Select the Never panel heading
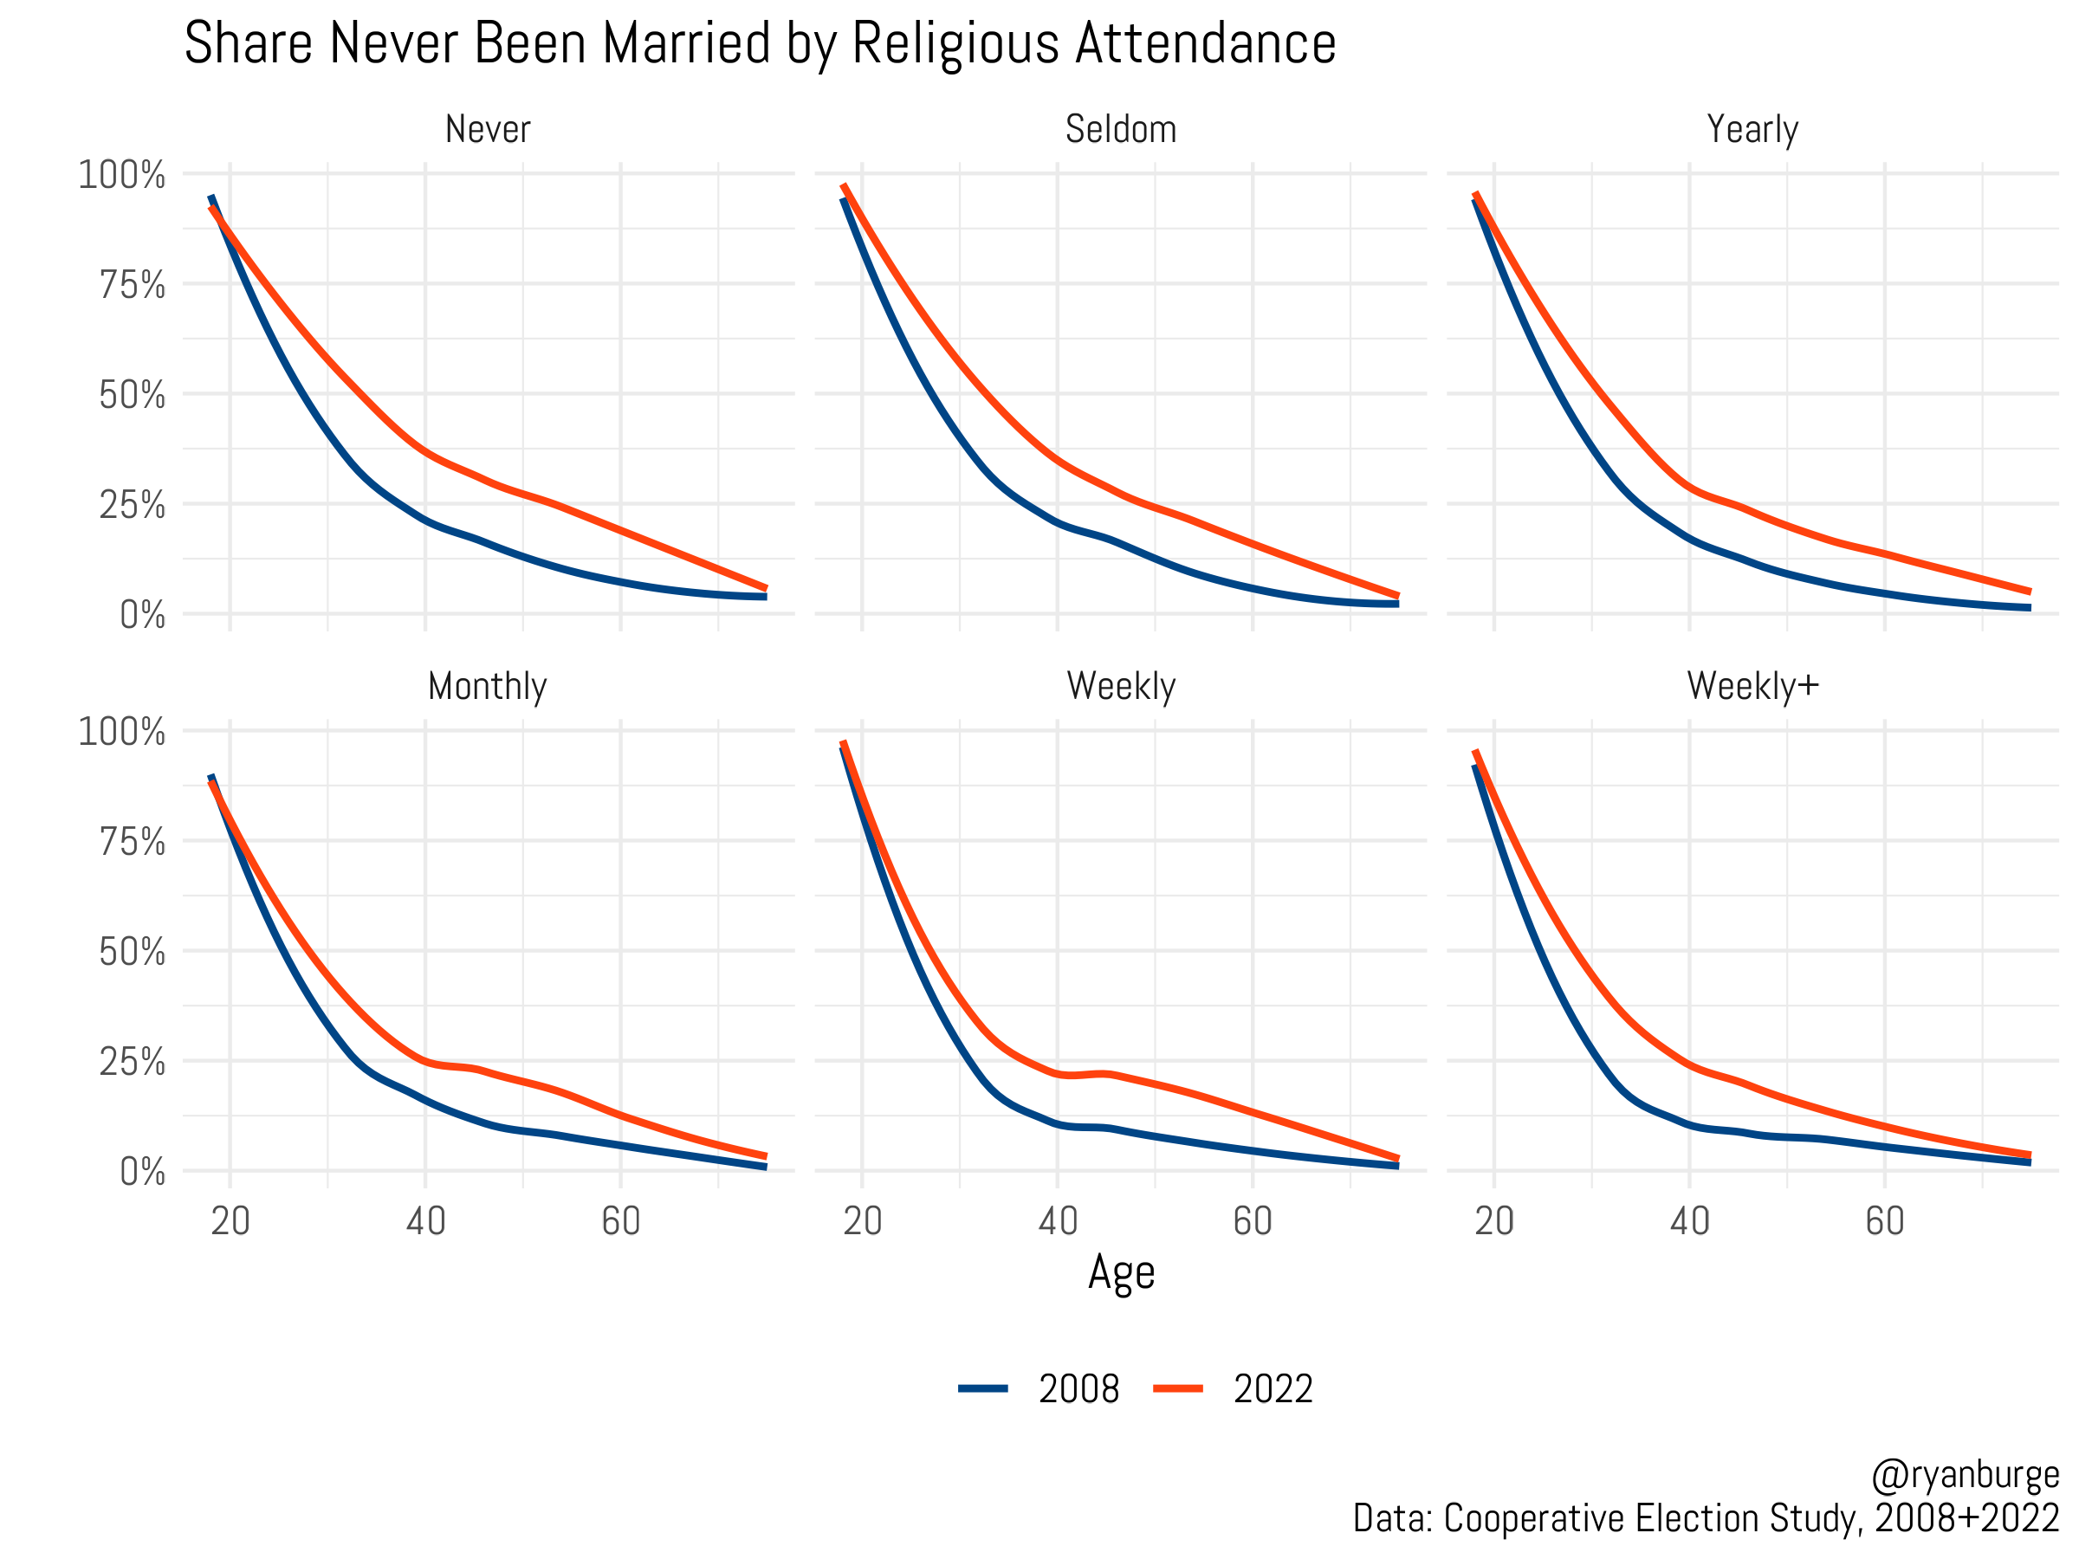(x=488, y=130)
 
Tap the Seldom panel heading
(x=1120, y=130)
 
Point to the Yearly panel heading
(x=1752, y=130)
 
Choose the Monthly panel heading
(x=488, y=687)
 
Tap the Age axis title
(x=1121, y=1273)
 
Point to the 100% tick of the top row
(x=122, y=175)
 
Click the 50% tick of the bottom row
(x=133, y=952)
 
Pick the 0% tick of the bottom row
(x=143, y=1172)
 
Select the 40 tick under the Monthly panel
(x=426, y=1221)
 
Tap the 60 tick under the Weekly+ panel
(x=1884, y=1221)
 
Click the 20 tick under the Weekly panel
(x=862, y=1221)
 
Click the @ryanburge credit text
(x=1965, y=1475)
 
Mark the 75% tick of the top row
(x=133, y=285)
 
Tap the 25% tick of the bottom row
(x=133, y=1062)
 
